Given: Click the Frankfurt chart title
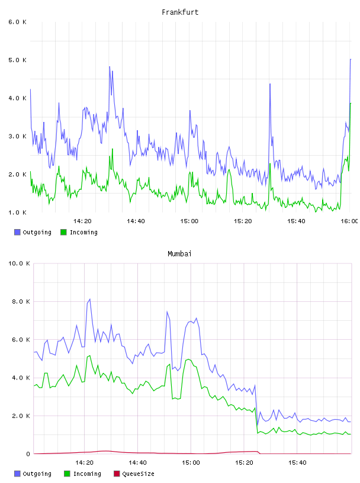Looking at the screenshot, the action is [x=180, y=12].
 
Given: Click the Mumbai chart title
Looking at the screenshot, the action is [x=179, y=254].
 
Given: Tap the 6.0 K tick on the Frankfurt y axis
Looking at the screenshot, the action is [x=18, y=22].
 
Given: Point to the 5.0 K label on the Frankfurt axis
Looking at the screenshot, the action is [x=18, y=60].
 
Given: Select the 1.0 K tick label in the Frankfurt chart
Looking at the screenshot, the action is [x=18, y=212].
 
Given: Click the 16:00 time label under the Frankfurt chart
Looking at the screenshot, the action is [x=349, y=221].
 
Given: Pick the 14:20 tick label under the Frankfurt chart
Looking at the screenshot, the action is [x=82, y=221].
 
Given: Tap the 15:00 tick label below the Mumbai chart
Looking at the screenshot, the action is [x=191, y=463].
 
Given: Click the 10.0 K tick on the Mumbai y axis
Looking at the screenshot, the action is [x=19, y=263].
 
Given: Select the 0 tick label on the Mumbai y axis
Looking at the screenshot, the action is [x=28, y=454].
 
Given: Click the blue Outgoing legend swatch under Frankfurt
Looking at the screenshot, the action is [x=17, y=232].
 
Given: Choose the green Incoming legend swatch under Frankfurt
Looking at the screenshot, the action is [x=63, y=232].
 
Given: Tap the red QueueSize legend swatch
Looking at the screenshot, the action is [x=117, y=474].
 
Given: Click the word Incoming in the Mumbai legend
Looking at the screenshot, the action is [x=87, y=474].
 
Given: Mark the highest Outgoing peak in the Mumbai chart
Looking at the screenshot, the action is [x=89, y=299].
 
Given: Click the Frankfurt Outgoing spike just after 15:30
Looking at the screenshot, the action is [x=270, y=84].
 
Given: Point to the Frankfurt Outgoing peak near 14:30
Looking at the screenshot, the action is [x=110, y=66].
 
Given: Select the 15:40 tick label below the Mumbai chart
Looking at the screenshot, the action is [x=297, y=463].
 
